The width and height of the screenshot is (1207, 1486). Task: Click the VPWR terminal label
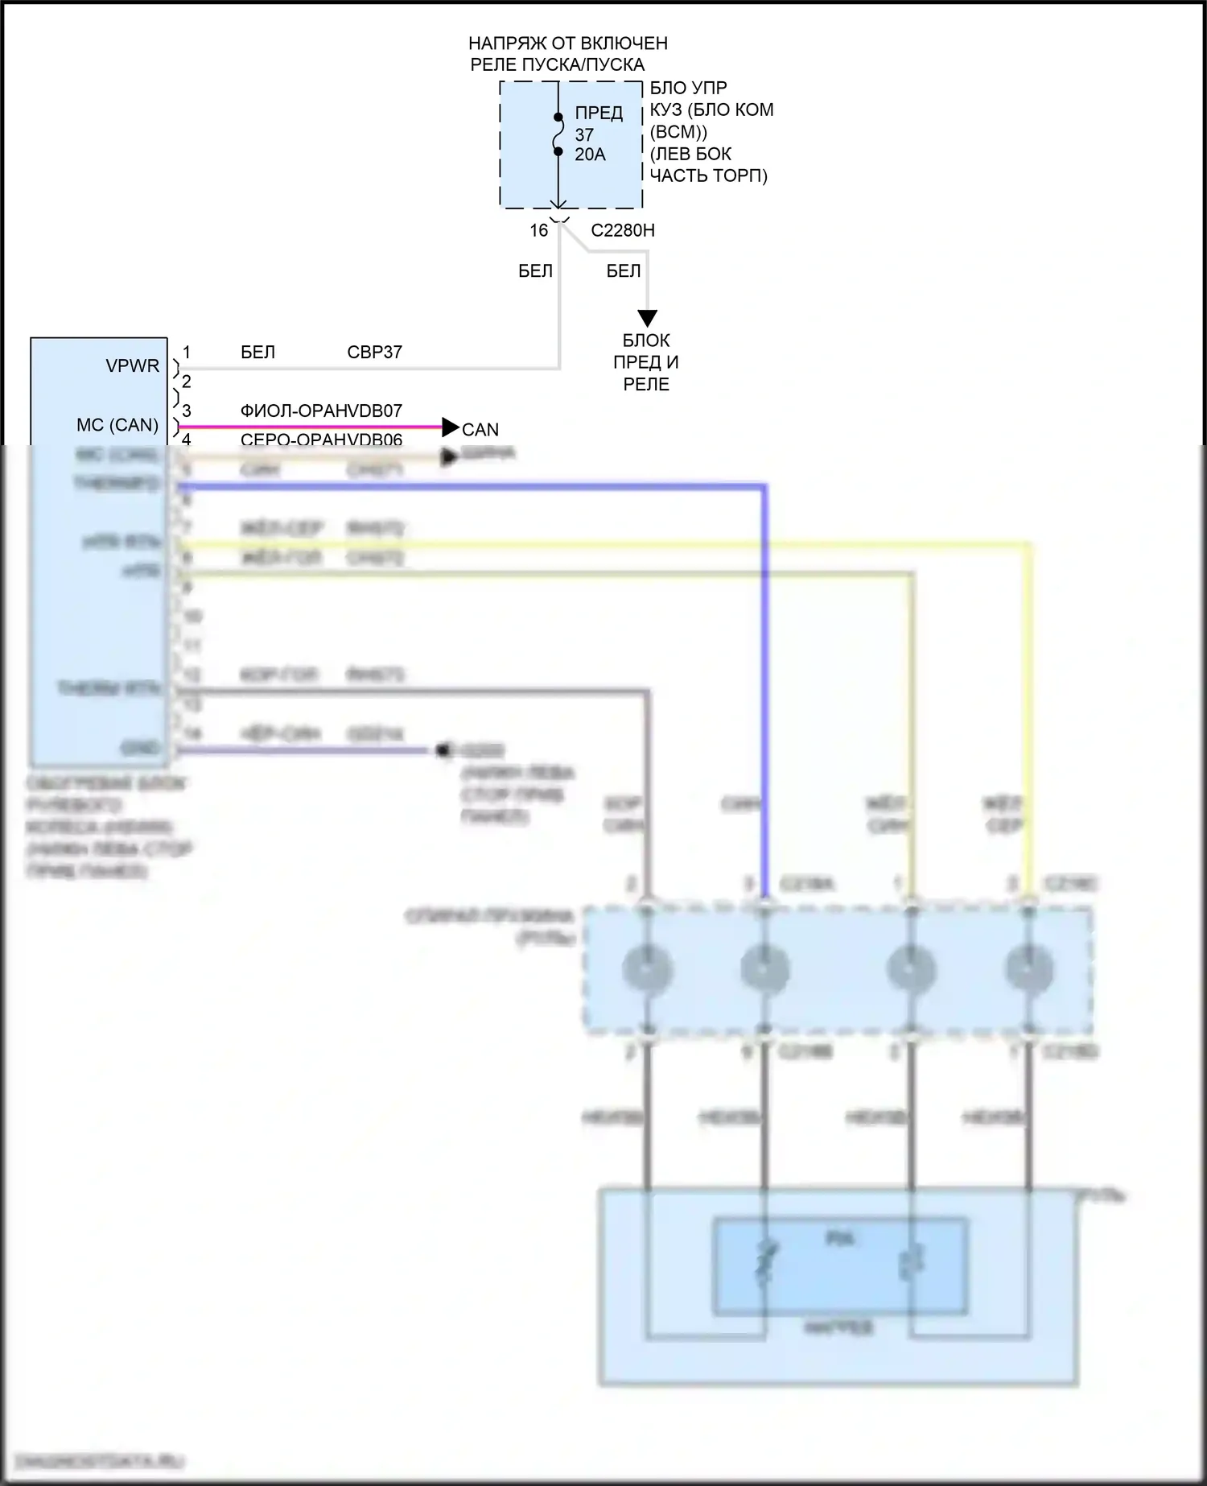(x=133, y=366)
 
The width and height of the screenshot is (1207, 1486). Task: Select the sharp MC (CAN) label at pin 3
(x=117, y=425)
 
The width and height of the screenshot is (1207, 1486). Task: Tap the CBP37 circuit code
(x=374, y=353)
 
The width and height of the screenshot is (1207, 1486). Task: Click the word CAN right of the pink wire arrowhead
(x=480, y=430)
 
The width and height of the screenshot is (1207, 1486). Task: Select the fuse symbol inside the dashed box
(x=558, y=134)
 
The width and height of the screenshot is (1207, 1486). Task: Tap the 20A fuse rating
(x=590, y=155)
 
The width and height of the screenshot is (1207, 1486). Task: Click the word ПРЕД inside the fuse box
(x=599, y=114)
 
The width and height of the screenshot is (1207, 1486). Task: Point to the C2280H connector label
(x=623, y=231)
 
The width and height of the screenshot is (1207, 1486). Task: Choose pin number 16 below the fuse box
(x=538, y=231)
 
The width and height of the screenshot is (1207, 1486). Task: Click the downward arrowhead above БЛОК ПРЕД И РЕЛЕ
(x=647, y=318)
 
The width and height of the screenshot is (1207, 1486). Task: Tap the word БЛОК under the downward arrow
(x=646, y=341)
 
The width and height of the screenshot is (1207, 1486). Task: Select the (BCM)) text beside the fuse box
(x=678, y=132)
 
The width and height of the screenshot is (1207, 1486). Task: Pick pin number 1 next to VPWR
(x=187, y=353)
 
